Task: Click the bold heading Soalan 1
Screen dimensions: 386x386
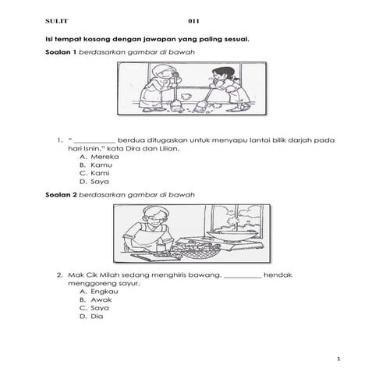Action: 61,51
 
